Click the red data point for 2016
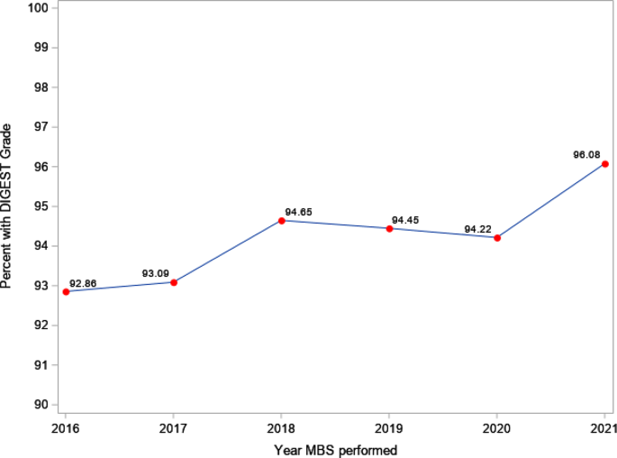(x=66, y=291)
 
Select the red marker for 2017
(x=174, y=282)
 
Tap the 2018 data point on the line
(x=282, y=221)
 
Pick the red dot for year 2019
(x=389, y=228)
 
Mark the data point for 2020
(x=497, y=237)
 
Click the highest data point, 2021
(x=605, y=164)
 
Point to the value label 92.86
(x=83, y=283)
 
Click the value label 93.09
(x=155, y=273)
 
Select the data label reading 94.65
(x=298, y=212)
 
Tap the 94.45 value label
(x=405, y=220)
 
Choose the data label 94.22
(x=477, y=229)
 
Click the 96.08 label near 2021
(x=586, y=155)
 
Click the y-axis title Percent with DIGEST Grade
(x=8, y=206)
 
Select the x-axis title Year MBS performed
(x=335, y=448)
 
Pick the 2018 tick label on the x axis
(x=282, y=426)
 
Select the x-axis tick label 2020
(x=497, y=426)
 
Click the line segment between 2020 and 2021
(x=551, y=201)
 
